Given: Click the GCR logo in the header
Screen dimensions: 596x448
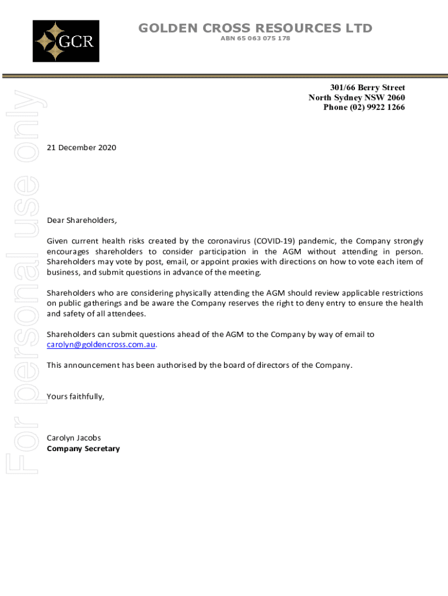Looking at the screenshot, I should click(66, 41).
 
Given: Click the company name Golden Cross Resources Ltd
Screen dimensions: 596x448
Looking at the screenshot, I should click(255, 28).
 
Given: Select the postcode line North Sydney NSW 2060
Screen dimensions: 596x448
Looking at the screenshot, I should click(357, 98).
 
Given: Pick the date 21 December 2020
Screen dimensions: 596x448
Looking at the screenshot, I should click(81, 148).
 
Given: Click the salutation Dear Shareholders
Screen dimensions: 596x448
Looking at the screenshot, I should click(82, 221).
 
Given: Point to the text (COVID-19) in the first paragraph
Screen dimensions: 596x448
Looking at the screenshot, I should click(273, 241).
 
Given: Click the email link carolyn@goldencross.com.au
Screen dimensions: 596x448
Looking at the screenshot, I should click(101, 345).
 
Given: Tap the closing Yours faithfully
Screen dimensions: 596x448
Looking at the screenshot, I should click(76, 396).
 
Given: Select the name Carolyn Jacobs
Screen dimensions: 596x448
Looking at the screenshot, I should click(73, 438).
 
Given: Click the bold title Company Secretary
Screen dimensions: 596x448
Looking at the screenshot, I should click(83, 449).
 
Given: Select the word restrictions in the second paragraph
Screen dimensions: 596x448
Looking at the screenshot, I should click(401, 293).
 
